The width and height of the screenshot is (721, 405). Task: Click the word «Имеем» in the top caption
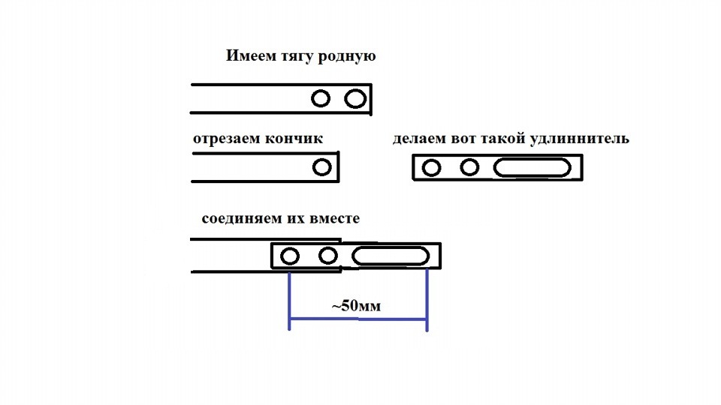tap(249, 56)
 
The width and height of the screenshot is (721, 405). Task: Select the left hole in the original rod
tap(321, 98)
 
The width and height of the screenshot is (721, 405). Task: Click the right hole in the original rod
tap(354, 98)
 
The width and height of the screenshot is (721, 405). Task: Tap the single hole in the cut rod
tap(322, 167)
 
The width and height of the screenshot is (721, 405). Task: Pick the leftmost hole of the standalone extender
tap(431, 167)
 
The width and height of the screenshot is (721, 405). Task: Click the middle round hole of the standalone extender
tap(469, 166)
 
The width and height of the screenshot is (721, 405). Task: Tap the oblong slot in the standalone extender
tap(532, 167)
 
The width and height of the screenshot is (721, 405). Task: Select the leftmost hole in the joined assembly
tap(289, 256)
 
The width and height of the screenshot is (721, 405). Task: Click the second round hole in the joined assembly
tap(327, 256)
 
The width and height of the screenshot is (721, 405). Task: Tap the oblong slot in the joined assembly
tap(390, 256)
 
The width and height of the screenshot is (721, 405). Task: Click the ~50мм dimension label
tap(357, 306)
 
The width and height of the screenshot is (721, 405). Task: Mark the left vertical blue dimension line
tap(289, 300)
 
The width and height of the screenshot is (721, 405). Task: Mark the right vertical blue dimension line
tap(427, 300)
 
